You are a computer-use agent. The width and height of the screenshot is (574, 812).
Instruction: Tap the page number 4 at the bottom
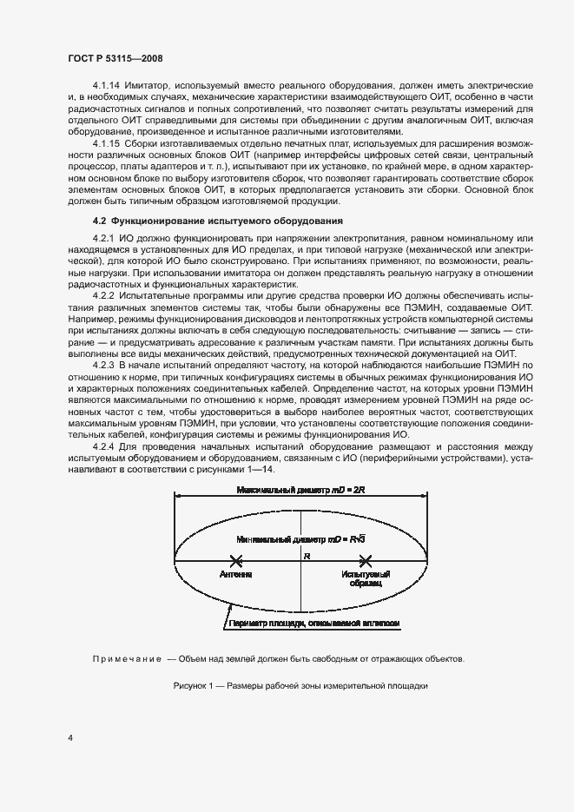click(70, 738)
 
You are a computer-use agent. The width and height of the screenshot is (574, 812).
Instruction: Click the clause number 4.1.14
click(106, 88)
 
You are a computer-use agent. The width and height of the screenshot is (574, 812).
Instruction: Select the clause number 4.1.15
click(106, 142)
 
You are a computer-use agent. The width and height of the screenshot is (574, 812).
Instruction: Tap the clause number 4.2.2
click(103, 296)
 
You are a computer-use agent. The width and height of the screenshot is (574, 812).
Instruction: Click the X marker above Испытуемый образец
click(366, 562)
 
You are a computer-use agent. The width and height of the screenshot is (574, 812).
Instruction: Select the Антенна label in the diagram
click(236, 575)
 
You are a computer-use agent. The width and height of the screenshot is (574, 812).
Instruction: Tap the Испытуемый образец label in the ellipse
click(366, 579)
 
